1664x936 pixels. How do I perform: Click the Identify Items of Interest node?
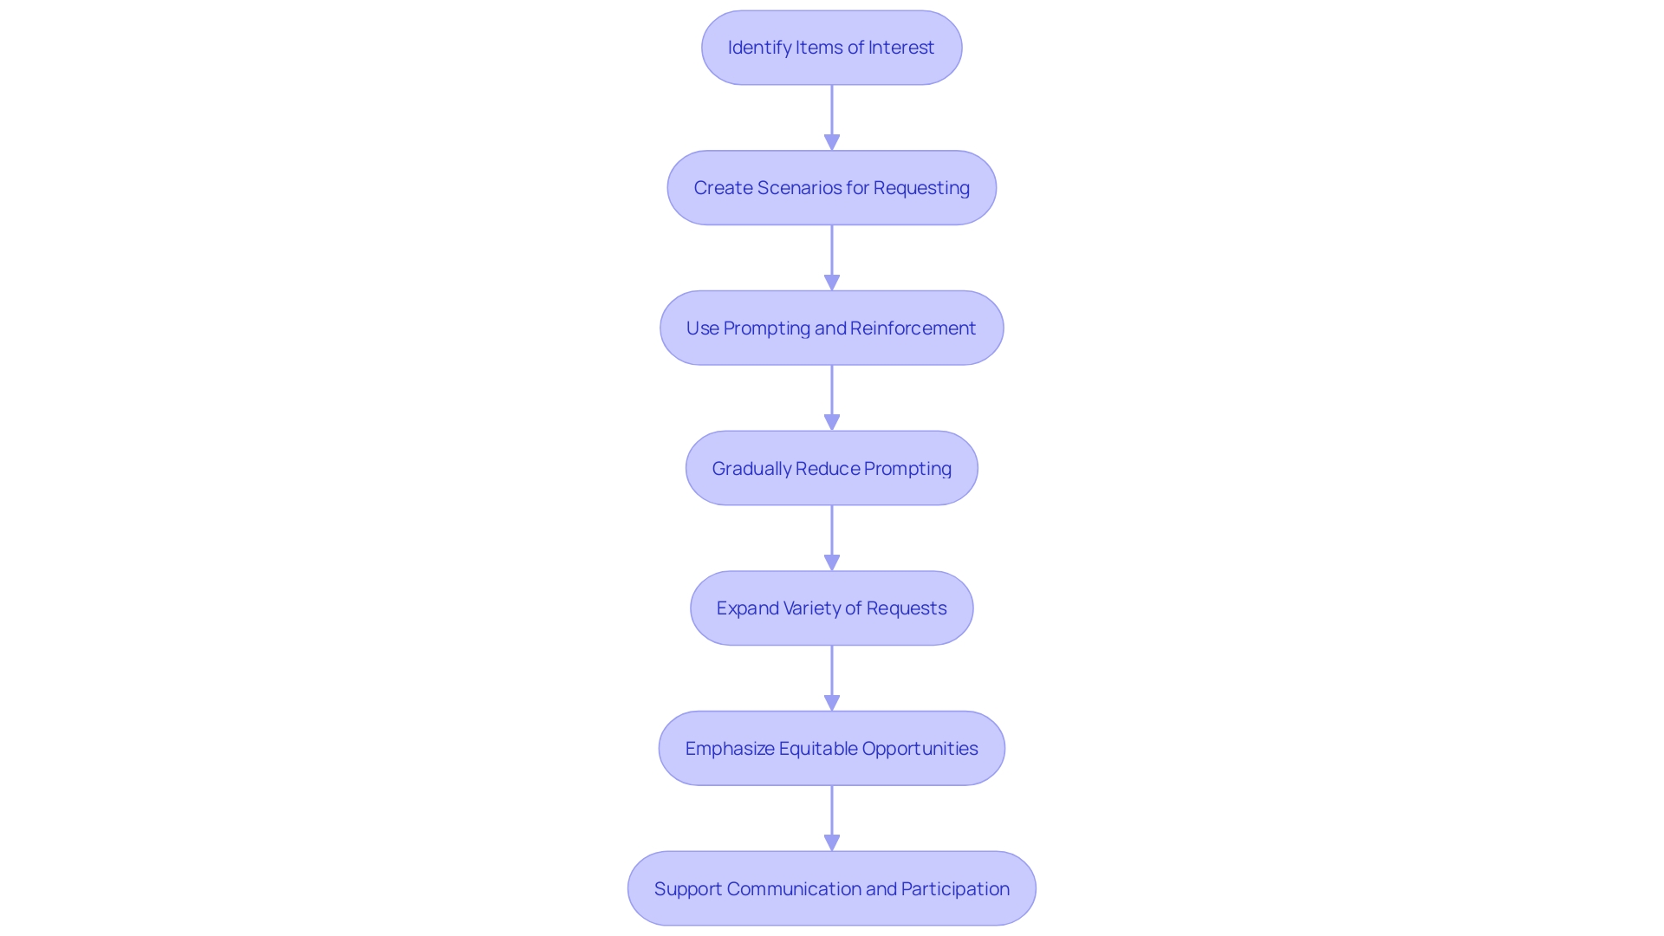[832, 48]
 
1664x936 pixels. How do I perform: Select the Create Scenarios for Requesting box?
[832, 188]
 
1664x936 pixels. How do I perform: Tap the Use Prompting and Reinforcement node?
[832, 328]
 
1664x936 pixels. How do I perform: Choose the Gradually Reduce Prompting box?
[832, 469]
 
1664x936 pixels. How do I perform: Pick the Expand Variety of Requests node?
[832, 608]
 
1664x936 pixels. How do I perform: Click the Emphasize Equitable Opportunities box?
[832, 749]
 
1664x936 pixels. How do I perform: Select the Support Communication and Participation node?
[832, 889]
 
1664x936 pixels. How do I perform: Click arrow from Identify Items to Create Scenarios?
[832, 117]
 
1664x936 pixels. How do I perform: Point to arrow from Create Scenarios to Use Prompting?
[832, 257]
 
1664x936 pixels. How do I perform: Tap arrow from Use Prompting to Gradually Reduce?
[832, 398]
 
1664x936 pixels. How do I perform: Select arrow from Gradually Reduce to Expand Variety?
[832, 537]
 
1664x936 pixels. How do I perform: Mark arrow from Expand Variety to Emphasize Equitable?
[832, 678]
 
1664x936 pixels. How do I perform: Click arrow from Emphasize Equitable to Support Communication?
[832, 818]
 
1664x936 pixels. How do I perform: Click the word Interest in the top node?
[901, 48]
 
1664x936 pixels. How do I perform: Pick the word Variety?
[811, 608]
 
